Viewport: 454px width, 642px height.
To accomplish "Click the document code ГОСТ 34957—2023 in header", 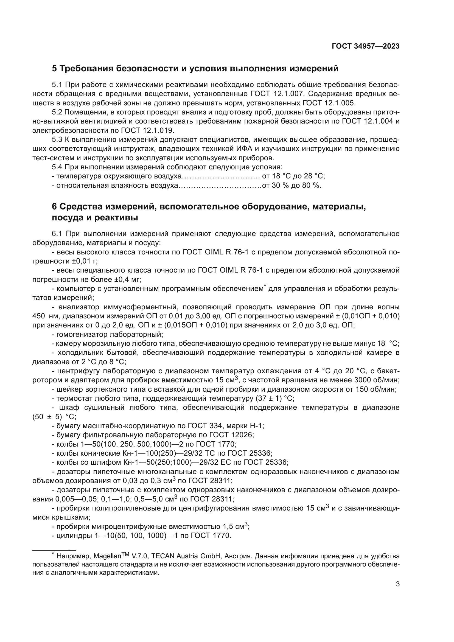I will pos(365,46).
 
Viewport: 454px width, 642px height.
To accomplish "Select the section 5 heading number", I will pos(54,69).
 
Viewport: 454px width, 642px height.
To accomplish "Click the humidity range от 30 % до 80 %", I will pos(292,185).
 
